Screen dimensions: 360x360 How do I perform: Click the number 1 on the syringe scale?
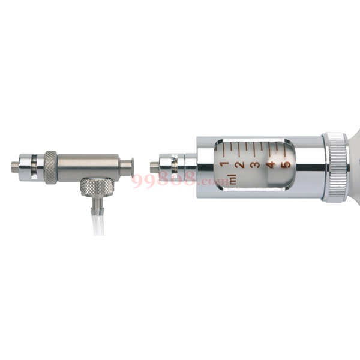[x=224, y=164]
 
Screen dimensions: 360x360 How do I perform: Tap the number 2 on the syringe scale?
[x=241, y=164]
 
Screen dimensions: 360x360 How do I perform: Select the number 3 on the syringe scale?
[x=256, y=164]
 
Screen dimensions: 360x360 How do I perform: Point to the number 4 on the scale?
[x=271, y=165]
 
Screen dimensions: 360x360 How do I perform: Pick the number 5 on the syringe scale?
[x=287, y=165]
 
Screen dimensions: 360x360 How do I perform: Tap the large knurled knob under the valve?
[x=97, y=187]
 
